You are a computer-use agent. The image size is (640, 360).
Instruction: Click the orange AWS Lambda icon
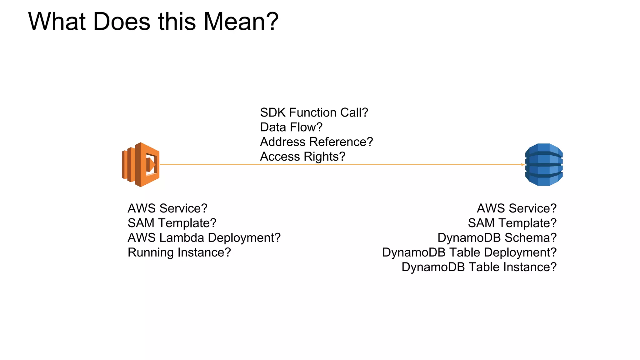(141, 165)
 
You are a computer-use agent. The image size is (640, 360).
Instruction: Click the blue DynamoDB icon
(544, 165)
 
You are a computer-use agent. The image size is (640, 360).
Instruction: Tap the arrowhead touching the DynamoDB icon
(523, 165)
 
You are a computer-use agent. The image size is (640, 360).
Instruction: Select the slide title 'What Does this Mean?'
(153, 22)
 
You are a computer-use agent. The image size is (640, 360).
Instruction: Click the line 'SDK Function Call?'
(314, 112)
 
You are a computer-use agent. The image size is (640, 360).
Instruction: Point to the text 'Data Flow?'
(291, 127)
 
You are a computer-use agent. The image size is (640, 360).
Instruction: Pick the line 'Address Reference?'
(316, 142)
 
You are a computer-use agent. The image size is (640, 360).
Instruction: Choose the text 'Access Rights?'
(302, 157)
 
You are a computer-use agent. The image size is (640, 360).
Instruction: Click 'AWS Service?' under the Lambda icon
(167, 208)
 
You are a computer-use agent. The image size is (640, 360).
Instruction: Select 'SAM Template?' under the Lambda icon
(172, 223)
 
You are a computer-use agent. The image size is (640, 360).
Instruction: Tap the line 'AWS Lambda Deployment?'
(204, 238)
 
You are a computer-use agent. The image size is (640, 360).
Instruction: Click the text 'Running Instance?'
(179, 252)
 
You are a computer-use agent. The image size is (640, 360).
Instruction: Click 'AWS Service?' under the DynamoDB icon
(517, 208)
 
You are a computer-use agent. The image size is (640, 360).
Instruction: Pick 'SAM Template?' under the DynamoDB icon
(512, 223)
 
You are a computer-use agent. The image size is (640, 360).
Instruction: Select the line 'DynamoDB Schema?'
(497, 238)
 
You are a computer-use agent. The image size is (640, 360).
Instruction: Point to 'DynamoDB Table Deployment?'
(469, 252)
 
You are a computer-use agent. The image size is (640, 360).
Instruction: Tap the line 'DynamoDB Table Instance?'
(479, 267)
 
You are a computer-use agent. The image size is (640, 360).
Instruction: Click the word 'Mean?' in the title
(241, 22)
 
